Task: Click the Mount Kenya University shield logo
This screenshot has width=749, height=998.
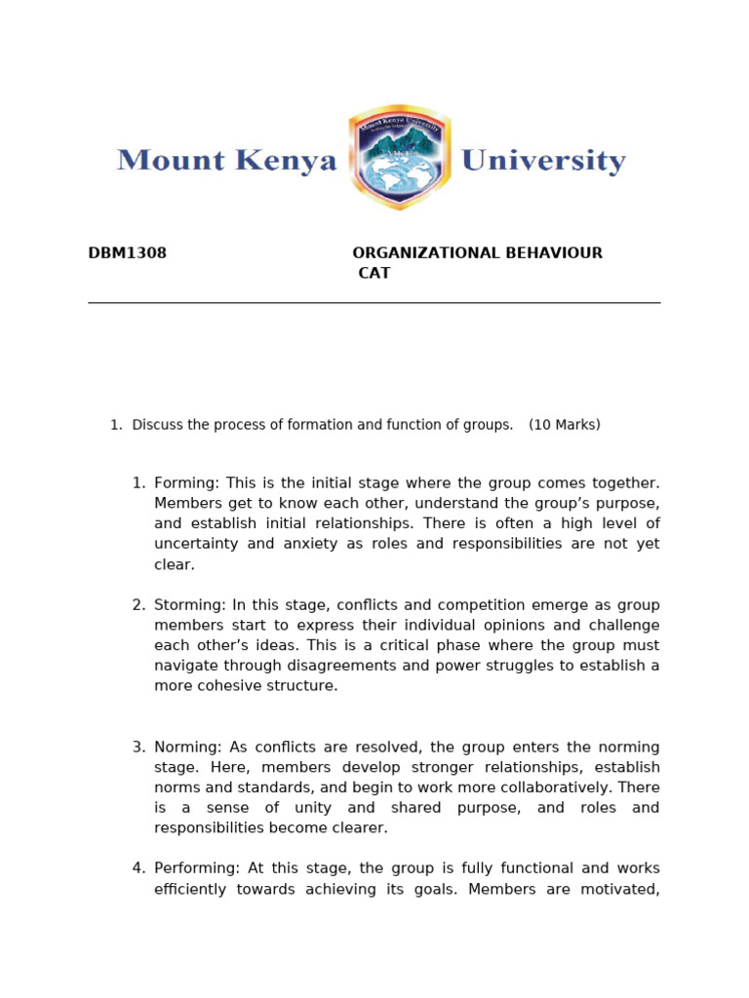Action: coord(400,158)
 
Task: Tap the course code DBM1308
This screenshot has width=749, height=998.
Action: coord(128,253)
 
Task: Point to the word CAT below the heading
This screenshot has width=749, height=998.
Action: coord(374,274)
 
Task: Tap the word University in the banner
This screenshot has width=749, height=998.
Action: coord(542,160)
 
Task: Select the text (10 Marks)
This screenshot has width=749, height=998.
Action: coord(565,425)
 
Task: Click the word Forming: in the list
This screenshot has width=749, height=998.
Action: coord(187,483)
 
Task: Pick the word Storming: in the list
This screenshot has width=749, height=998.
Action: coord(190,605)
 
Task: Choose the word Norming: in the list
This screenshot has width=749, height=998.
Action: coord(188,748)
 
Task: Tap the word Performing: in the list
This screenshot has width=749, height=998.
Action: coord(197,868)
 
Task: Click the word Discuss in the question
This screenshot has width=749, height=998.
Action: coord(156,425)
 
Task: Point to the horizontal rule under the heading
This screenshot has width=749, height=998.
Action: coord(374,303)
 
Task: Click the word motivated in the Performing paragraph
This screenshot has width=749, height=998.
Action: coord(618,889)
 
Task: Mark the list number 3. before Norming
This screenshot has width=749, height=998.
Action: coord(139,748)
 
